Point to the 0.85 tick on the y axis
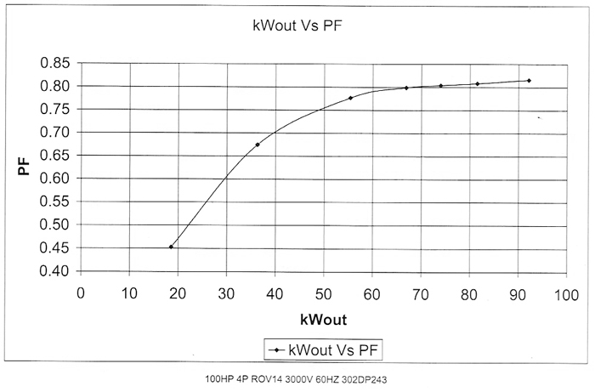tap(54, 63)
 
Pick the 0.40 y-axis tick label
tap(54, 271)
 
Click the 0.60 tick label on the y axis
tap(54, 179)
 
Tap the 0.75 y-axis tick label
tap(54, 109)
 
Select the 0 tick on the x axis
tap(81, 293)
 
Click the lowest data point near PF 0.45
tap(171, 247)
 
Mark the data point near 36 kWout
tap(258, 145)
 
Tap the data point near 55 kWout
tap(350, 98)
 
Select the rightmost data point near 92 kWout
tap(529, 81)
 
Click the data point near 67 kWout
tap(406, 88)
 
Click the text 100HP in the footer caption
tap(218, 378)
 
